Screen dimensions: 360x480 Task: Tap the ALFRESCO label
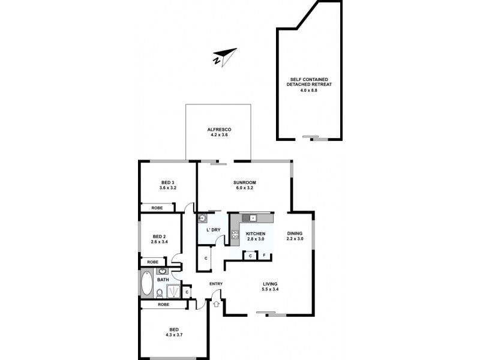pyautogui.click(x=219, y=130)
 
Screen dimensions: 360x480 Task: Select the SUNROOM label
pyautogui.click(x=245, y=182)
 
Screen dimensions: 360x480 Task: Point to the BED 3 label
pyautogui.click(x=167, y=182)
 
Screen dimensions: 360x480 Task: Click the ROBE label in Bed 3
pyautogui.click(x=157, y=208)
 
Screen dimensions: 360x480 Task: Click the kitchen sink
pyautogui.click(x=249, y=217)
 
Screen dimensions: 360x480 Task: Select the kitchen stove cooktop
pyautogui.click(x=235, y=235)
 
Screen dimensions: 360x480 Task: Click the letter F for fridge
pyautogui.click(x=265, y=256)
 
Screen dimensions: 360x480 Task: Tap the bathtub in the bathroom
pyautogui.click(x=146, y=284)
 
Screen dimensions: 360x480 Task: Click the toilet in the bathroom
pyautogui.click(x=160, y=293)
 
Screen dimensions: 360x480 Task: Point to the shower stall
pyautogui.click(x=173, y=291)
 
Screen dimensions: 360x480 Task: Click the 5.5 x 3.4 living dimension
pyautogui.click(x=269, y=290)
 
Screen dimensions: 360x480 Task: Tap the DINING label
pyautogui.click(x=295, y=233)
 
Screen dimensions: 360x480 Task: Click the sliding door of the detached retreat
pyautogui.click(x=315, y=138)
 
